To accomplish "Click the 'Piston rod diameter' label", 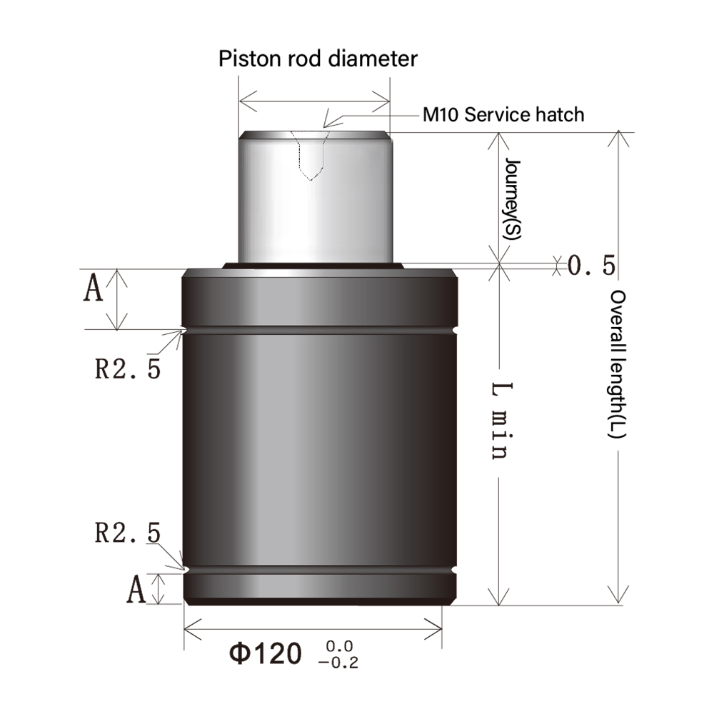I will click(318, 58).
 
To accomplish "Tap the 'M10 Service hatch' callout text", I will click(503, 114).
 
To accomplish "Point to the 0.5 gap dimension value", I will click(591, 266).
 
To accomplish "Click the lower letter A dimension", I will click(136, 590).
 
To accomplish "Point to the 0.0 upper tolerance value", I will click(340, 647).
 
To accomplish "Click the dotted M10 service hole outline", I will click(309, 157).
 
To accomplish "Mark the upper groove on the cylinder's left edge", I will click(185, 330).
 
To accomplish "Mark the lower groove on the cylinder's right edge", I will click(455, 570).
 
